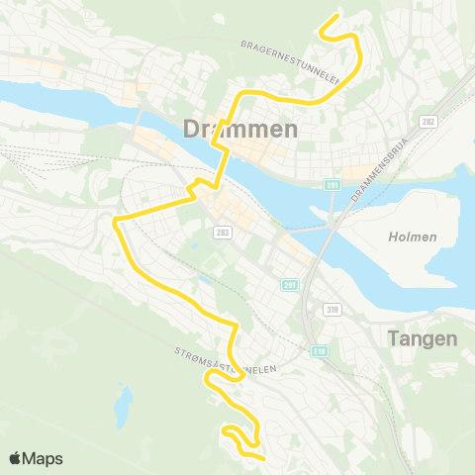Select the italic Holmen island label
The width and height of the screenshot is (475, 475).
(406, 237)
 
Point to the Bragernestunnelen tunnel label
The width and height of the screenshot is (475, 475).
(291, 61)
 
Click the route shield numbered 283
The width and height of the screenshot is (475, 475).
(221, 231)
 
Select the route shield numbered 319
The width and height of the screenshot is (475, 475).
(332, 310)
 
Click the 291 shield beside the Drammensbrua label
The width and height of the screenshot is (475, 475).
(332, 184)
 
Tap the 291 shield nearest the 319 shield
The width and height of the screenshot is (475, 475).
(289, 285)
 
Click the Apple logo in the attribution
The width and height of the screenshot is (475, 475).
(15, 458)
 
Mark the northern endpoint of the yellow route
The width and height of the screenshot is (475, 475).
(338, 15)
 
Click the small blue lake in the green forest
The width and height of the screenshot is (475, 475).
(124, 403)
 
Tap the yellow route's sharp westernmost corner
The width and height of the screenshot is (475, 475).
(115, 219)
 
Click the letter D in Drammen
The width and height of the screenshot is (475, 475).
(193, 128)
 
